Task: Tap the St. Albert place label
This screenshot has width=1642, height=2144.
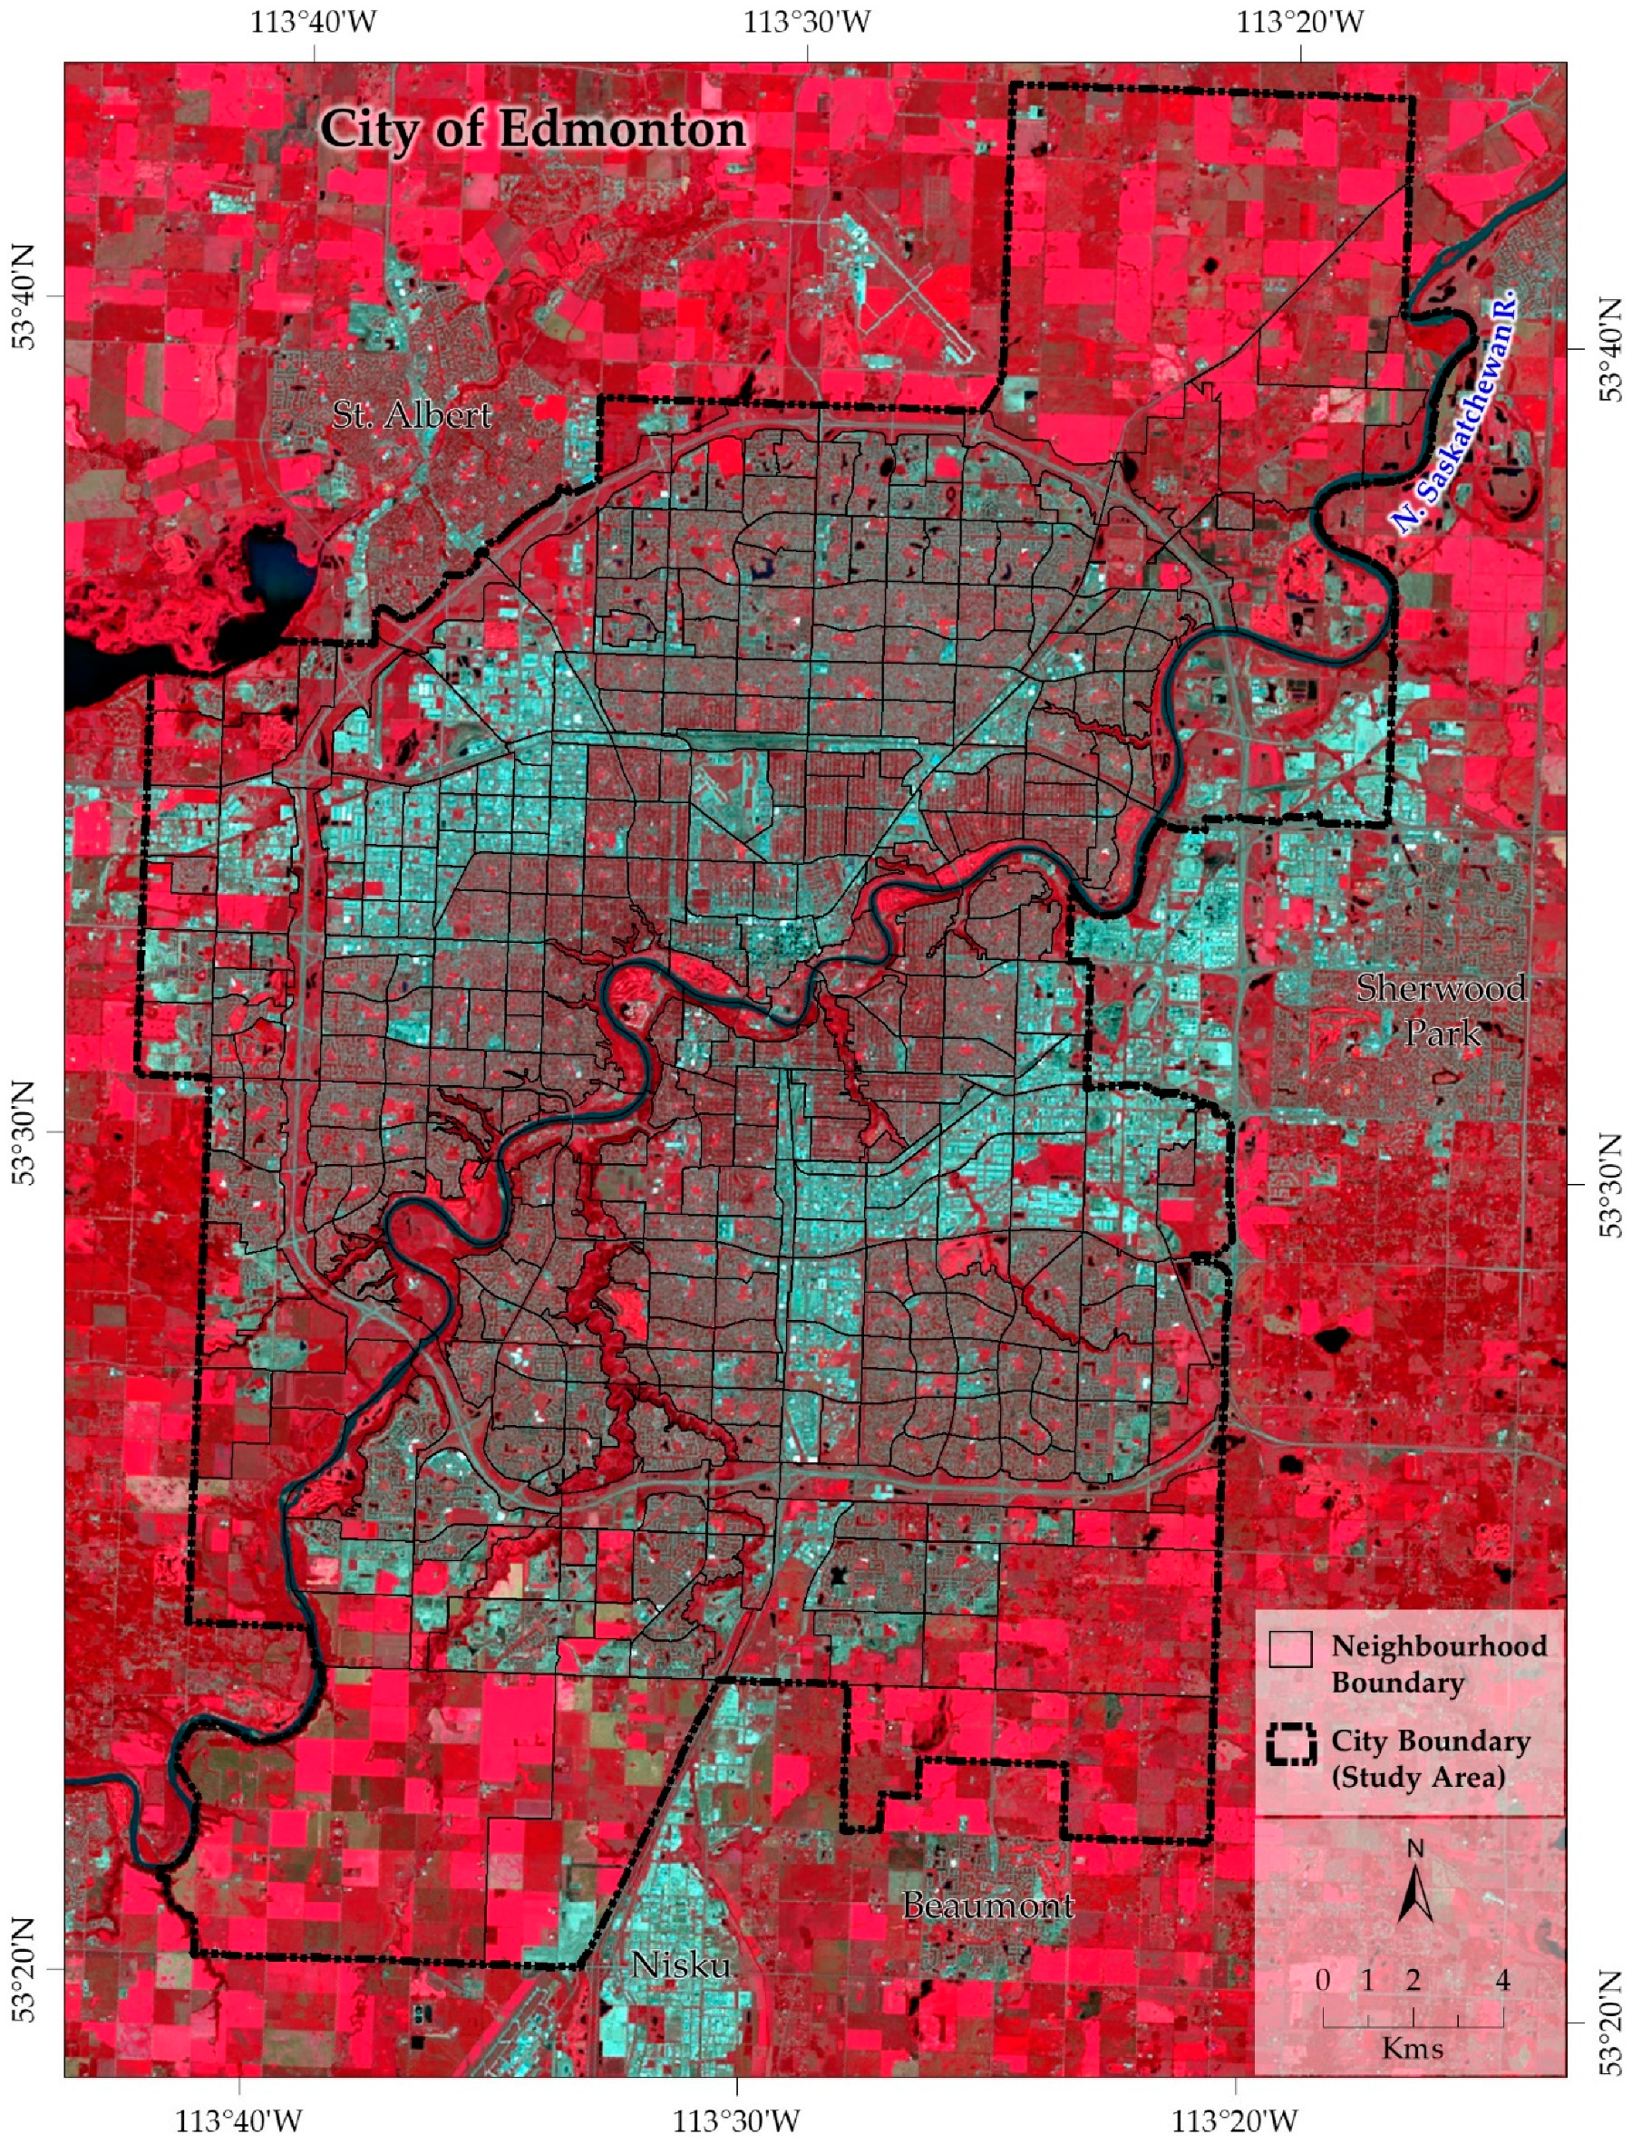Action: point(412,415)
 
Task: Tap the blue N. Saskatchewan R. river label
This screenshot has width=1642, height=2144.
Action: point(1454,412)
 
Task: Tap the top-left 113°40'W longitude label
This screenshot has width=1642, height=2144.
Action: point(314,22)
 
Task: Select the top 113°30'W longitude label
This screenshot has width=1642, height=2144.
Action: point(807,22)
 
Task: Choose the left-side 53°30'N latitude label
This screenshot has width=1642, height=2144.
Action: point(25,1132)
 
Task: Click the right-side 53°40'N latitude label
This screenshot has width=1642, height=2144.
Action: point(1612,349)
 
